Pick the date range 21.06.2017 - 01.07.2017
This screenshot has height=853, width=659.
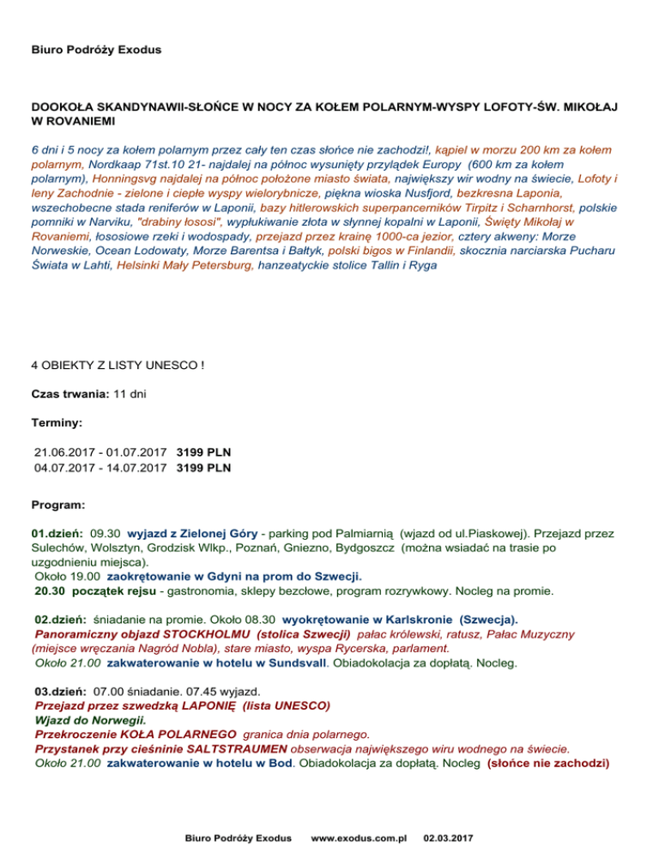click(x=101, y=451)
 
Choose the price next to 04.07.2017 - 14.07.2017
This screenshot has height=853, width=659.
click(x=203, y=468)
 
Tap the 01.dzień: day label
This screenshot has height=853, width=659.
click(x=57, y=533)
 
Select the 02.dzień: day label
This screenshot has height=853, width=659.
click(x=59, y=619)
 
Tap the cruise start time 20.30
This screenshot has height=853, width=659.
click(x=51, y=590)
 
